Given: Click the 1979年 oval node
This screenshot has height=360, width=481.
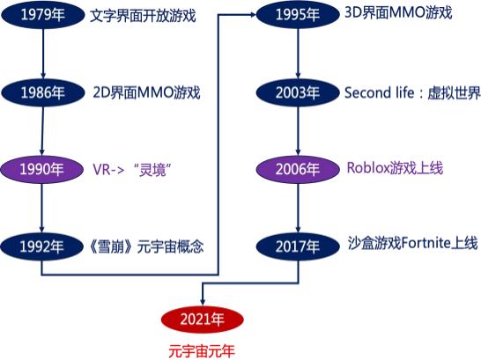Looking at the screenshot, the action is click(43, 15).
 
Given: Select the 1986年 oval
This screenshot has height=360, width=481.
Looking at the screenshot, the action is click(43, 92).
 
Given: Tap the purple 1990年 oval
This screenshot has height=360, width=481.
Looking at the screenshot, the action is click(42, 169).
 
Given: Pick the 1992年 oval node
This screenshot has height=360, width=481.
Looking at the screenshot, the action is click(42, 246).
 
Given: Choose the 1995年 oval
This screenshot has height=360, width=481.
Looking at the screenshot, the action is click(298, 14).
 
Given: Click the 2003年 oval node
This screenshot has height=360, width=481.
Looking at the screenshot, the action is click(298, 92).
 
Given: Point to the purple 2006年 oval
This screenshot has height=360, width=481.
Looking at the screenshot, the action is click(298, 169).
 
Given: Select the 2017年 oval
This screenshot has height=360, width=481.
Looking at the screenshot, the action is click(298, 246).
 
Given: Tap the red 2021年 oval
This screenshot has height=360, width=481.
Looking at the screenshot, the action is click(203, 320).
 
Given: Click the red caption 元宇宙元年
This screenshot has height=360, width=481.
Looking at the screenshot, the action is click(202, 351).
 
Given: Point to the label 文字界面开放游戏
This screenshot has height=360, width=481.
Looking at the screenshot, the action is click(143, 15).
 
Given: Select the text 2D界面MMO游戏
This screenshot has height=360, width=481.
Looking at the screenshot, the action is click(146, 92).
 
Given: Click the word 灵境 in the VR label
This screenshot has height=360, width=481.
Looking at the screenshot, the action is click(152, 170).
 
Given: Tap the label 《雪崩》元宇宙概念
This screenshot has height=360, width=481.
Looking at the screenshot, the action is click(146, 246).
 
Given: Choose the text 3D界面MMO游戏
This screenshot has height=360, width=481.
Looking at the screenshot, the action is click(398, 13).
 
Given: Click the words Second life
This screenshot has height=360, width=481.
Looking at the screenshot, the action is click(380, 92).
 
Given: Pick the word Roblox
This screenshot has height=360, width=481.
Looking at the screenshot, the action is click(368, 168).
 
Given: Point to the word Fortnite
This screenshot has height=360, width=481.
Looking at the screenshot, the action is click(426, 243).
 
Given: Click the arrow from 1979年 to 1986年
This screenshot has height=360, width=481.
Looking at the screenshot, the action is click(43, 54).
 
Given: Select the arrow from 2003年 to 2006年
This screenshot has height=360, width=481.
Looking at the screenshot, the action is click(298, 131).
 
